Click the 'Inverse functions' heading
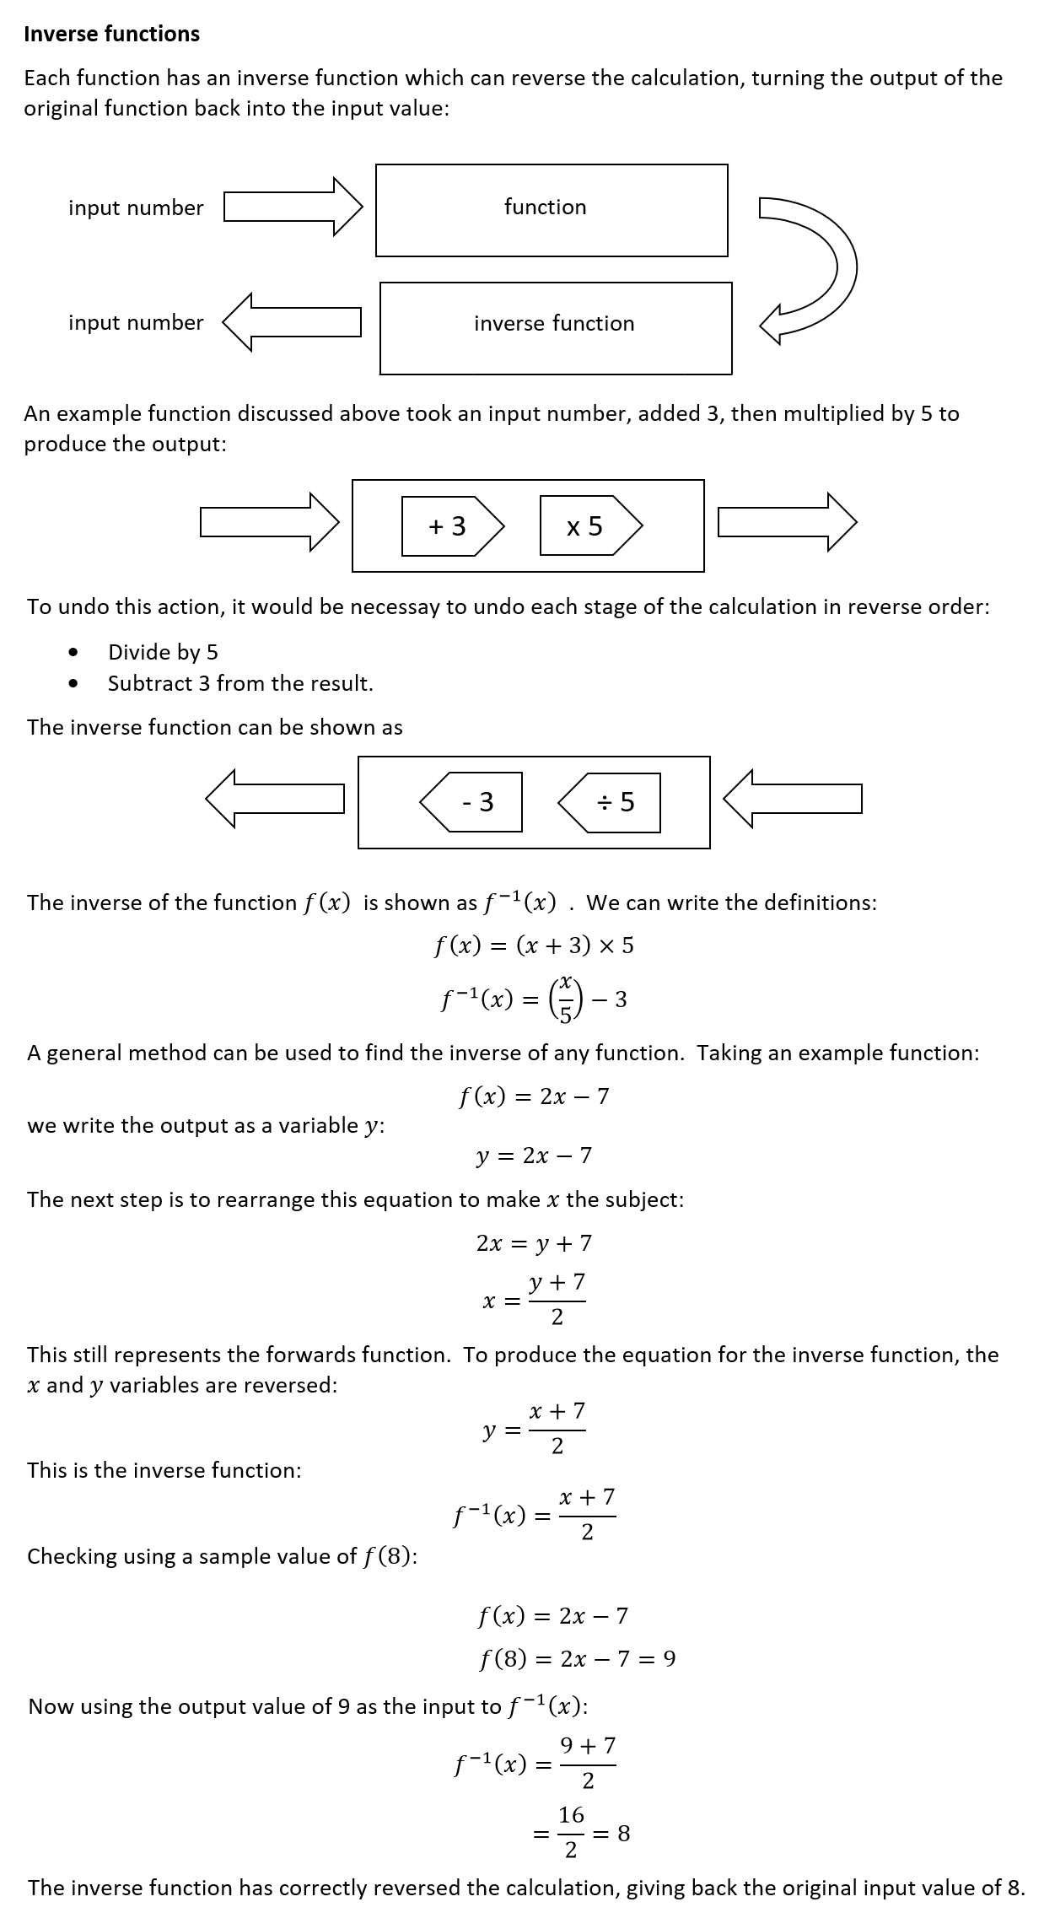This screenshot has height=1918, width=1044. (x=111, y=34)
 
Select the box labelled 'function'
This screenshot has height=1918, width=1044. (x=552, y=210)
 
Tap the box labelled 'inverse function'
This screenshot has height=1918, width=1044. (x=555, y=327)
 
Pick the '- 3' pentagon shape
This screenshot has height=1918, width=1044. (x=474, y=802)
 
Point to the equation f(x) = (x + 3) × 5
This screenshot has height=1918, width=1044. (x=534, y=946)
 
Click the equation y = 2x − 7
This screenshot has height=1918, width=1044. (x=534, y=1155)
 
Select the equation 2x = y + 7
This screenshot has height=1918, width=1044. (x=534, y=1242)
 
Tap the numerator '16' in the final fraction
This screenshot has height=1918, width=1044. (x=571, y=1814)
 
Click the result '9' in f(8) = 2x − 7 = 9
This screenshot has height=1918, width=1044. (x=669, y=1659)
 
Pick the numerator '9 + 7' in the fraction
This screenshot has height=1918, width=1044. (x=588, y=1745)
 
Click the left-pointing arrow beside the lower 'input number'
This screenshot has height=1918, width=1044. (x=293, y=321)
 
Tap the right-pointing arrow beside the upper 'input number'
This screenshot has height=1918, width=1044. (x=293, y=207)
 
